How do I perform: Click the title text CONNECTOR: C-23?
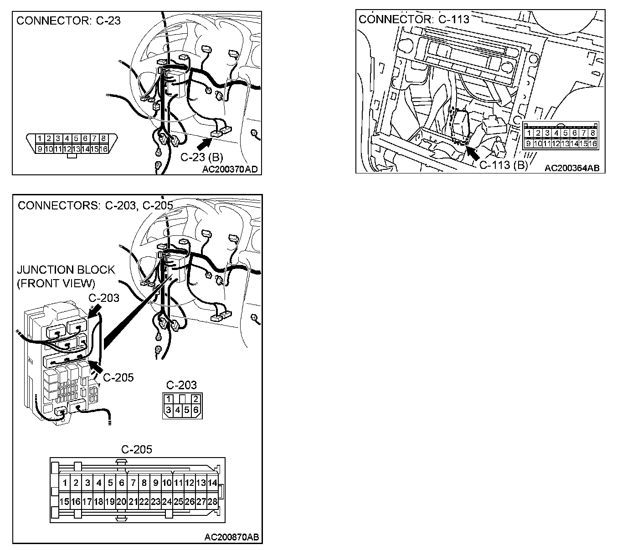coord(68,20)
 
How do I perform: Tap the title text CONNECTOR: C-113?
coord(414,19)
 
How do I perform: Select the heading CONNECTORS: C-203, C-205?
coord(95,205)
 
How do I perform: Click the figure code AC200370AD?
coord(230,169)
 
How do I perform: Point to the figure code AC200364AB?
coord(572,168)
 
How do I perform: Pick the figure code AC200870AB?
coord(231,537)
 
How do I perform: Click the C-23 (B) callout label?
coord(202,158)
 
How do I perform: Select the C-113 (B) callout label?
coord(503,165)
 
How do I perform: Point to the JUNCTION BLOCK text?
coord(66,270)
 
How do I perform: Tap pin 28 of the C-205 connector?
coord(212,502)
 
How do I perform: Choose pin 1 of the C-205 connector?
coord(65,483)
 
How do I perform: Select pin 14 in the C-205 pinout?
coord(212,483)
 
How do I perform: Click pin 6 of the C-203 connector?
coord(196,409)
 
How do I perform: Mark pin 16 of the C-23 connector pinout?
coord(103,149)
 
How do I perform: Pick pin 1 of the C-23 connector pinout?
coord(40,138)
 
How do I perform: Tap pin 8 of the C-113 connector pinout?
coord(592,133)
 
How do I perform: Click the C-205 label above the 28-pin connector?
coord(137,450)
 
